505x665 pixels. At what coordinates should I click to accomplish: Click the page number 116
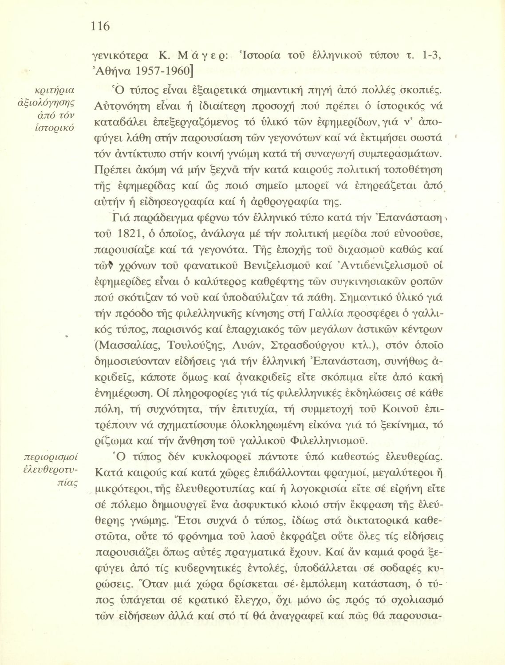(100, 27)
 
